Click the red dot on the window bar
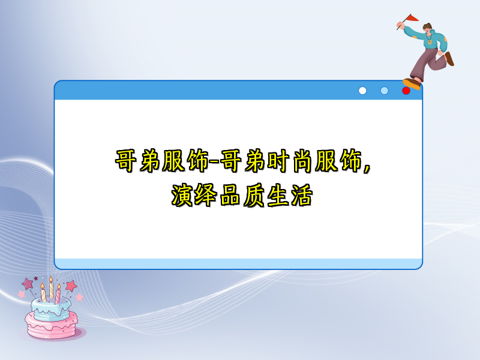406,91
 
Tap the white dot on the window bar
362,91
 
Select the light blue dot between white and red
385,91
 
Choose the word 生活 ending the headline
289,196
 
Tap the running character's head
427,29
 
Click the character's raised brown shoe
449,58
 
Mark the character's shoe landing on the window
412,83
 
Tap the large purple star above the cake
28,283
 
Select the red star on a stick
71,286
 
